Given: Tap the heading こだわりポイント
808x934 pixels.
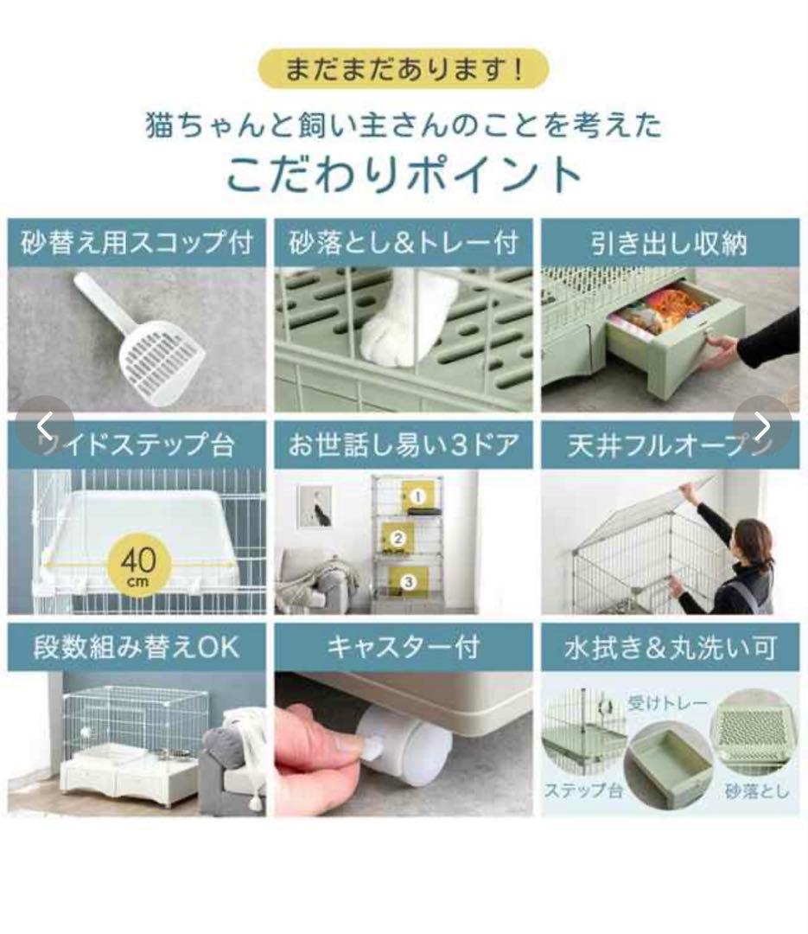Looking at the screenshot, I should click(x=404, y=172).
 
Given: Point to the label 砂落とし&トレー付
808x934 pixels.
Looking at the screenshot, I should click(x=403, y=243).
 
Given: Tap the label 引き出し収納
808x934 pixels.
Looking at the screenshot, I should click(x=670, y=243).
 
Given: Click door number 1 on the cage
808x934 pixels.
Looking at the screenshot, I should click(x=417, y=497).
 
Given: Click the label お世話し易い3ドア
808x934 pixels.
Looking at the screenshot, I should click(x=403, y=445).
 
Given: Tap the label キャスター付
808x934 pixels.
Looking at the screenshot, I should click(x=403, y=647).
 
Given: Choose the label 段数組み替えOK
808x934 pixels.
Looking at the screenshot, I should click(x=137, y=647).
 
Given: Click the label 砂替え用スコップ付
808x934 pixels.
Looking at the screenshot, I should click(x=137, y=243).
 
